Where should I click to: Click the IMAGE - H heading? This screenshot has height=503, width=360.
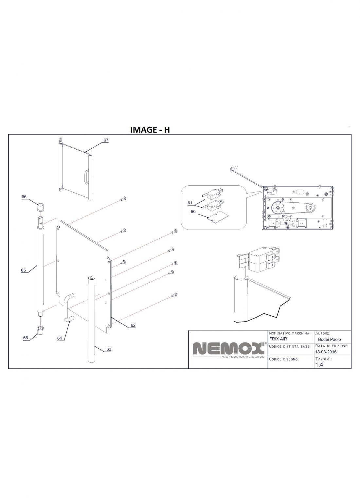click(x=150, y=130)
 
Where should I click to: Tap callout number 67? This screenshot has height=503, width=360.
click(x=106, y=140)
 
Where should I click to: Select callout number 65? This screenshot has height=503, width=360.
click(x=23, y=270)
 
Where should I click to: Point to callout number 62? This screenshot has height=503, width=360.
click(x=133, y=326)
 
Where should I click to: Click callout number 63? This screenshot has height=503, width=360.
click(x=109, y=349)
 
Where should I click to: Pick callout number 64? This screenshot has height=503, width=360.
click(x=60, y=338)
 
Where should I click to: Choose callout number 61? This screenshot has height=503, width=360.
click(x=190, y=203)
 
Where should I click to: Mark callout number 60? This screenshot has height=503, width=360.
click(x=193, y=212)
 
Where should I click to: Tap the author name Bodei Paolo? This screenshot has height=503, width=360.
click(x=329, y=339)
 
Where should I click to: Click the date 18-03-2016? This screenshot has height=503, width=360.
click(x=326, y=352)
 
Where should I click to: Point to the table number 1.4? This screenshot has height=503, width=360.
click(x=319, y=365)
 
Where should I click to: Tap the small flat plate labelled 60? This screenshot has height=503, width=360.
click(x=218, y=217)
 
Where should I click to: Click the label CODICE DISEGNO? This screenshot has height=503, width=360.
click(x=284, y=359)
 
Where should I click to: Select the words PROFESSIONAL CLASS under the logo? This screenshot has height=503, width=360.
click(x=242, y=357)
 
